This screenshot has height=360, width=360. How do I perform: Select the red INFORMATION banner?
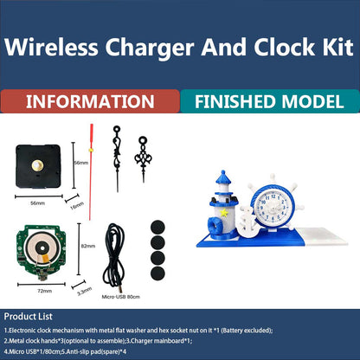point(90,103)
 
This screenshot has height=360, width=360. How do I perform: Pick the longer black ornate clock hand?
point(117,156)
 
